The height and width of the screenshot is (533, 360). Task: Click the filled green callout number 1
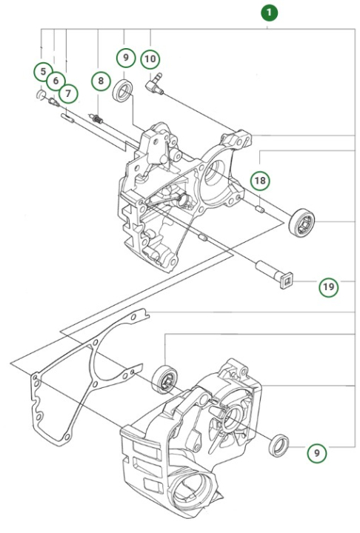coord(268,13)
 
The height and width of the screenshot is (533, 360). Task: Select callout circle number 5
coord(41,71)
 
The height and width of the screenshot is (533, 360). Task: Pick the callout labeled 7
coord(68,93)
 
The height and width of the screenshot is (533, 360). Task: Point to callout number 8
coord(100,81)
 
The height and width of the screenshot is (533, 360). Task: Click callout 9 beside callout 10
coord(124,57)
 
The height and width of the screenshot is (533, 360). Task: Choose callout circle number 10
coord(150,57)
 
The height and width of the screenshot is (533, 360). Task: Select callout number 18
coord(259,180)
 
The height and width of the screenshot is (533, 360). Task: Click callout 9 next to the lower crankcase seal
coord(317,452)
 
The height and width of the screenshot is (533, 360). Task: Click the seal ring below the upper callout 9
coord(124,92)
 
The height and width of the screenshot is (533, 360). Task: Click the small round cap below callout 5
coord(40,94)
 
